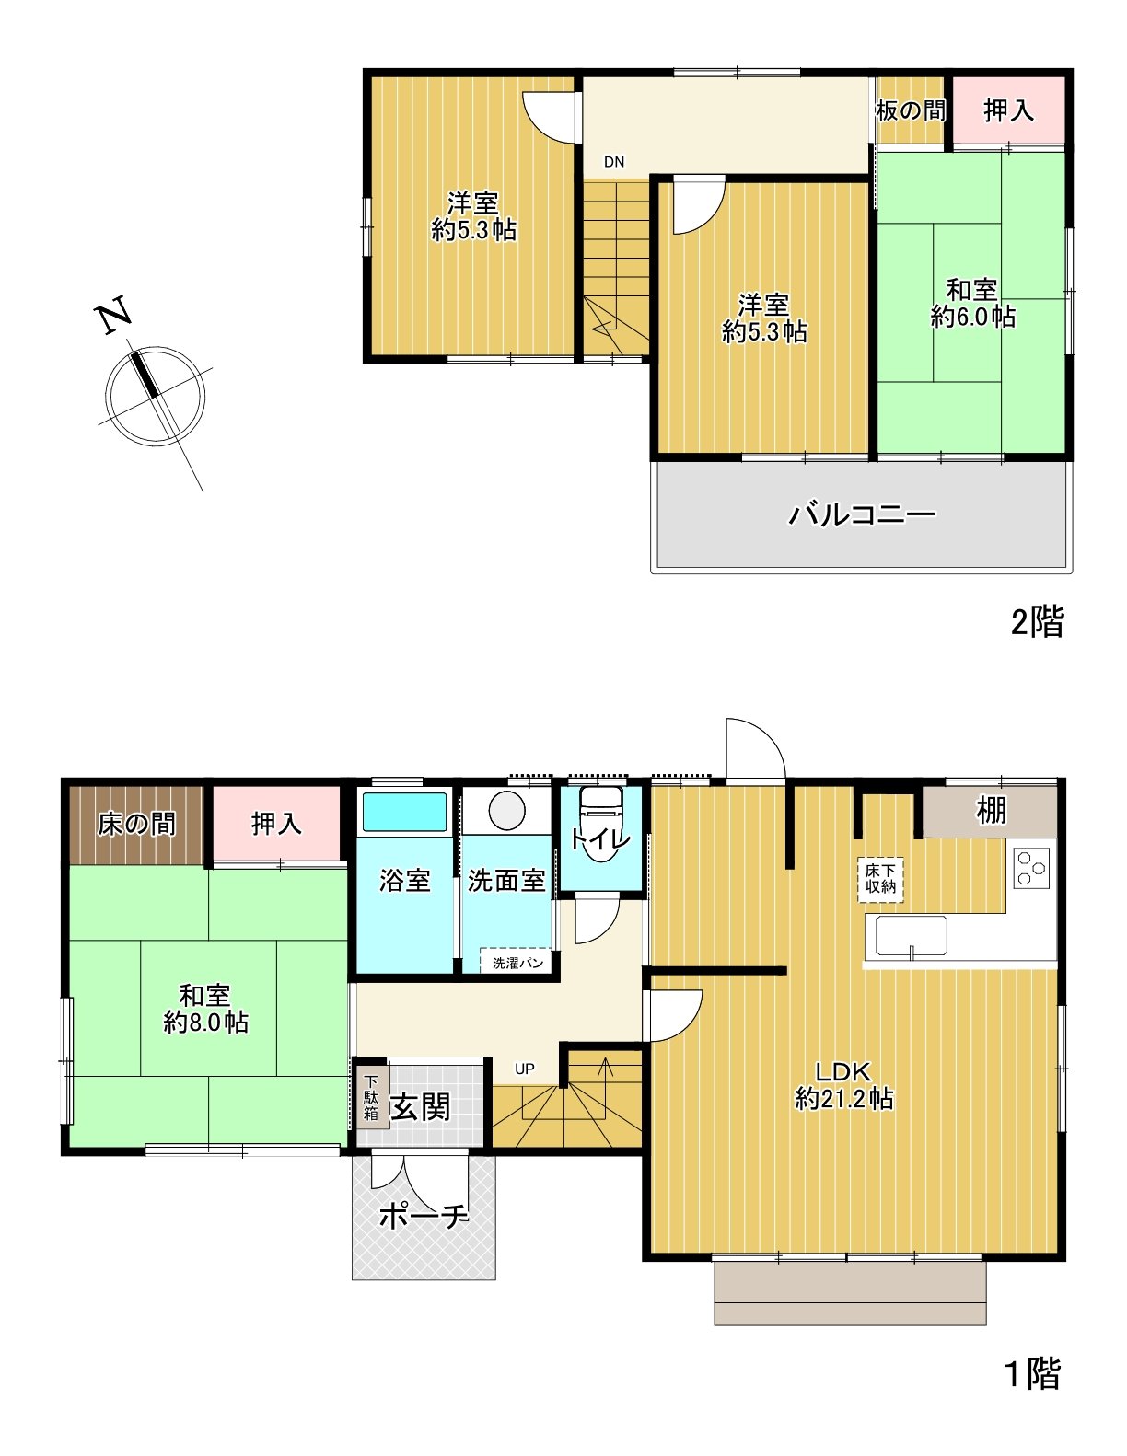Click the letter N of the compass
point(114,316)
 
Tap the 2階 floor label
point(1037,622)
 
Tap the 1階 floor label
point(1031,1374)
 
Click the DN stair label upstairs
point(614,162)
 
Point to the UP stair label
point(524,1069)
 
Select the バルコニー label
point(862,514)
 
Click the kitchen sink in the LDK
point(911,938)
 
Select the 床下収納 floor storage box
point(881,880)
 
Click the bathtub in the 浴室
point(404,813)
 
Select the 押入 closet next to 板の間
point(1008,111)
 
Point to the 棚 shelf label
point(991,811)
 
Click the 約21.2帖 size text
point(844,1099)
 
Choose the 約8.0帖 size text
point(205,1023)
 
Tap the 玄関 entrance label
point(421,1107)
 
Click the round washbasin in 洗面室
point(506,811)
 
